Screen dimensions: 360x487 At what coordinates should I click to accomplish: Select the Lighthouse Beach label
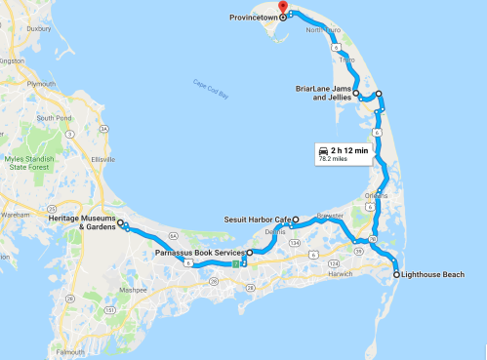coord(432,276)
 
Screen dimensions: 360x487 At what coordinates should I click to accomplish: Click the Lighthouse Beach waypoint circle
coord(396,276)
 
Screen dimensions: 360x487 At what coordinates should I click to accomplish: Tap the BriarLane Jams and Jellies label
coord(324,94)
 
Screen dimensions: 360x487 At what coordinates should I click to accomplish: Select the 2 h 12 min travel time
coord(349,150)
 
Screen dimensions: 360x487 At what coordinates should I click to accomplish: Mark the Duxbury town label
coord(38,29)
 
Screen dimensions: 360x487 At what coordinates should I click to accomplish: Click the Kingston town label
coord(13,61)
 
